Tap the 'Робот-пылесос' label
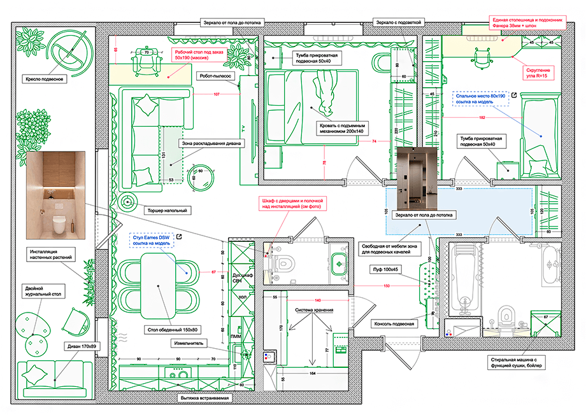(218, 74)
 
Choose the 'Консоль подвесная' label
(394, 323)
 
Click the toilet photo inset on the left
(56, 195)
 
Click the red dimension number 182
(481, 118)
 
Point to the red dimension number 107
(217, 94)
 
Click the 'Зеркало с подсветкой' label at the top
(399, 22)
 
